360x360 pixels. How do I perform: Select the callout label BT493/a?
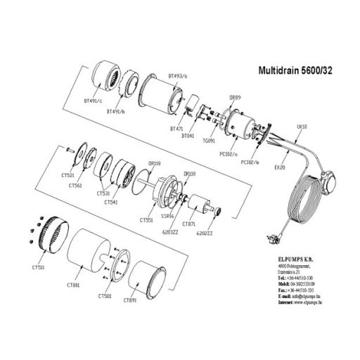tap(179, 74)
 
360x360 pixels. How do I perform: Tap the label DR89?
tap(236, 98)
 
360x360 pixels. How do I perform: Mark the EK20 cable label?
tap(279, 169)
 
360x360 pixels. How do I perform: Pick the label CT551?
tap(146, 219)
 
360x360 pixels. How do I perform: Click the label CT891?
tap(129, 300)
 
